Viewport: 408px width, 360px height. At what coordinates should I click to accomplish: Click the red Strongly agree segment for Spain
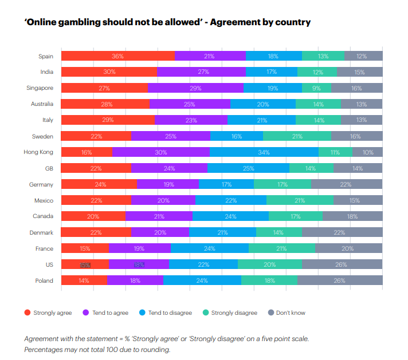[x=117, y=56]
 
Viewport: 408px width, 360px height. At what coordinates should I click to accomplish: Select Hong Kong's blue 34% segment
[x=264, y=152]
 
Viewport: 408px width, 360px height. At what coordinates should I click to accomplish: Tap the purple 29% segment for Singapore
[x=195, y=88]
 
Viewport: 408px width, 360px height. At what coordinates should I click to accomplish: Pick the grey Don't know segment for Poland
[x=339, y=280]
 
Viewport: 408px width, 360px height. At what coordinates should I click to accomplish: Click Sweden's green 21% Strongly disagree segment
[x=297, y=136]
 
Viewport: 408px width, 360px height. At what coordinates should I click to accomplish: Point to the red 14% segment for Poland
[x=84, y=280]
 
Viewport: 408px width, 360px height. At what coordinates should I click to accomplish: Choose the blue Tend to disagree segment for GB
[x=248, y=168]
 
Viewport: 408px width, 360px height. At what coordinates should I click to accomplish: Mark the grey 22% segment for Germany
[x=346, y=184]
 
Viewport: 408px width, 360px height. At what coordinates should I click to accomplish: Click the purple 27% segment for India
[x=201, y=72]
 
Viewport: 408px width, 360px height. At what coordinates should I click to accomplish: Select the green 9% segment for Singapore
[x=316, y=88]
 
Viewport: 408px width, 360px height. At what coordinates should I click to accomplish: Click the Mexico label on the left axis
[x=44, y=200]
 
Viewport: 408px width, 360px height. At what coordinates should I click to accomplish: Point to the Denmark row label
[x=41, y=232]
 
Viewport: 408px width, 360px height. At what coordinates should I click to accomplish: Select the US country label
[x=49, y=264]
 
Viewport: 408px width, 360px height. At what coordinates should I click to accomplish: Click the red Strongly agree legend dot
[x=27, y=312]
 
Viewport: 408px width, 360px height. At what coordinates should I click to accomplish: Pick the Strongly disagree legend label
[x=234, y=312]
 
